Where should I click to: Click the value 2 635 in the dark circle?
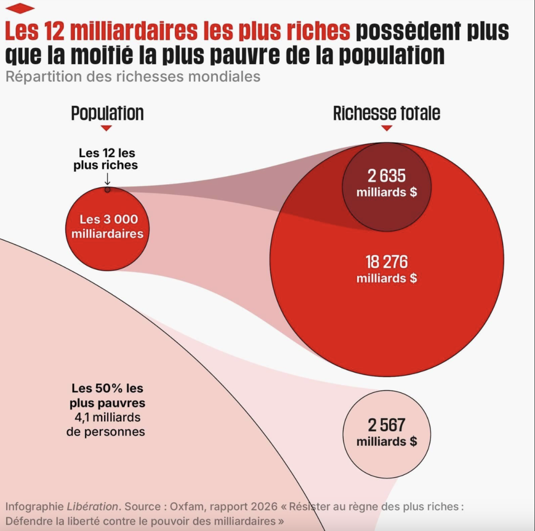pyautogui.click(x=387, y=175)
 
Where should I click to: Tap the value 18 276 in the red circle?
pyautogui.click(x=387, y=262)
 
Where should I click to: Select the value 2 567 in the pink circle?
pyautogui.click(x=387, y=425)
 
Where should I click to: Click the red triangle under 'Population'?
pyautogui.click(x=107, y=128)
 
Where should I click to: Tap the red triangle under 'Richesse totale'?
pyautogui.click(x=387, y=128)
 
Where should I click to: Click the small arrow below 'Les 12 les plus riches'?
pyautogui.click(x=107, y=179)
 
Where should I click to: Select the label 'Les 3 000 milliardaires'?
pyautogui.click(x=107, y=227)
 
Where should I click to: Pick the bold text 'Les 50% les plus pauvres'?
pyautogui.click(x=108, y=396)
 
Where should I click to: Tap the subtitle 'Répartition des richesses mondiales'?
pyautogui.click(x=133, y=76)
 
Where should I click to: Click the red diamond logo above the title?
pyautogui.click(x=20, y=8)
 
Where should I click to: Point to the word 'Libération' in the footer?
pyautogui.click(x=91, y=506)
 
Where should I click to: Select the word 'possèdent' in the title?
pyautogui.click(x=400, y=31)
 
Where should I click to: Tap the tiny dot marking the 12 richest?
pyautogui.click(x=107, y=189)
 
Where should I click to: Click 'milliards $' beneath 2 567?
pyautogui.click(x=387, y=442)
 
